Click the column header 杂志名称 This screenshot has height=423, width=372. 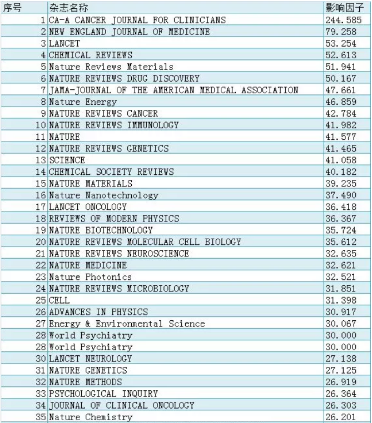[x=69, y=8]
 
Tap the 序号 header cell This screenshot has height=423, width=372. [x=12, y=8]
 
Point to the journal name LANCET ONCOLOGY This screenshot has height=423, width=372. [x=88, y=207]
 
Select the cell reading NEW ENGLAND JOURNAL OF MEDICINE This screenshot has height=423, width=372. [x=130, y=32]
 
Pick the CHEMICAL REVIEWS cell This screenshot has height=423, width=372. [x=91, y=55]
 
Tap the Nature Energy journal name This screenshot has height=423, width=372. [x=83, y=102]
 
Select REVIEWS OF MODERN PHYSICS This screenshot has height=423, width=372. [x=114, y=218]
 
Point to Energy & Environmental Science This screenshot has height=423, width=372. [x=127, y=323]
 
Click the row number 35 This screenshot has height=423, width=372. [x=41, y=416]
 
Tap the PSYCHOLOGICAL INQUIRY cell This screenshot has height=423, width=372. [x=103, y=393]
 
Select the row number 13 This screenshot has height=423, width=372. [x=41, y=160]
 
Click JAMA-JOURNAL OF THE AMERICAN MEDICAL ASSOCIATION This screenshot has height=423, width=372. [x=173, y=90]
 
